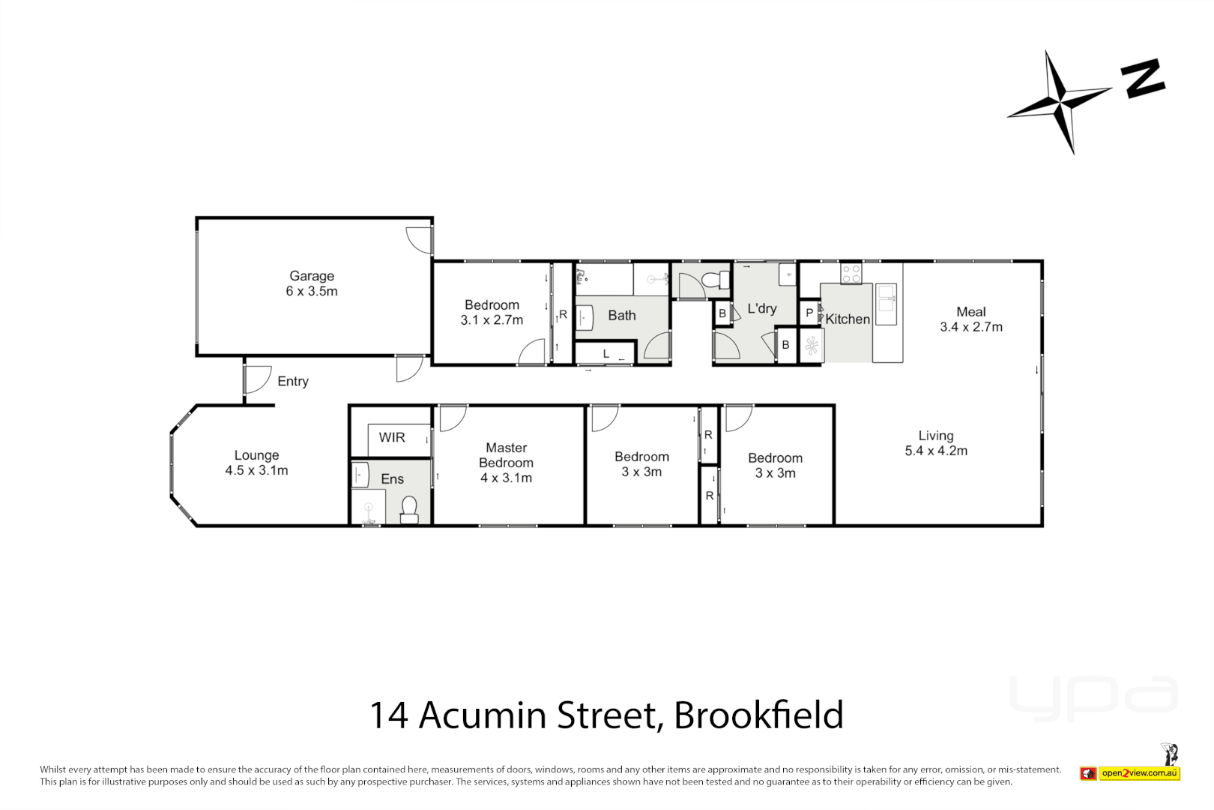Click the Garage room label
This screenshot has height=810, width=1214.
[x=312, y=283]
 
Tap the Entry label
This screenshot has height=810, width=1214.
[x=292, y=381]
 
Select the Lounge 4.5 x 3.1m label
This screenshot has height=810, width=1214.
[x=256, y=463]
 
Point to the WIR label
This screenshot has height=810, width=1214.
[x=391, y=437]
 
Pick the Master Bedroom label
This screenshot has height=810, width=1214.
[x=507, y=463]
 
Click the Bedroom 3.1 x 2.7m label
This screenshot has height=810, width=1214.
[x=492, y=312]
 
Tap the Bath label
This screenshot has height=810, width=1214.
[x=621, y=316]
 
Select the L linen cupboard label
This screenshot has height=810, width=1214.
[x=606, y=354]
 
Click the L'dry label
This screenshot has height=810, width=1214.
[x=761, y=308]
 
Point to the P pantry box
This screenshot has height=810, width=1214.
[x=809, y=313]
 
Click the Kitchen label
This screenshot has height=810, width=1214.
[x=848, y=319]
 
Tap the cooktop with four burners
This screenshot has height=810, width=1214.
[x=851, y=274]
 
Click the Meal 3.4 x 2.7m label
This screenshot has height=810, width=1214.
[x=971, y=319]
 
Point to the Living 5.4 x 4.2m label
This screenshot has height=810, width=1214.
[x=936, y=443]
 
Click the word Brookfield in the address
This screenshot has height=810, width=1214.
[x=758, y=715]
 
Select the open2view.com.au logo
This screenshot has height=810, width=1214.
[x=1139, y=773]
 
